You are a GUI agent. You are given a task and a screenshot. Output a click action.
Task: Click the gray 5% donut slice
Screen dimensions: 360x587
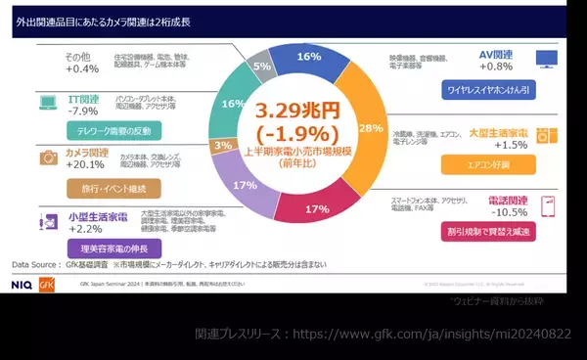tap(261, 67)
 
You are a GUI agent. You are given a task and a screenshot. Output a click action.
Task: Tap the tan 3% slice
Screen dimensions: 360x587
tap(221, 146)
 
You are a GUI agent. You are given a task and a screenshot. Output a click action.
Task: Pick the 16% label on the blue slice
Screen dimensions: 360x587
tap(309, 58)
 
